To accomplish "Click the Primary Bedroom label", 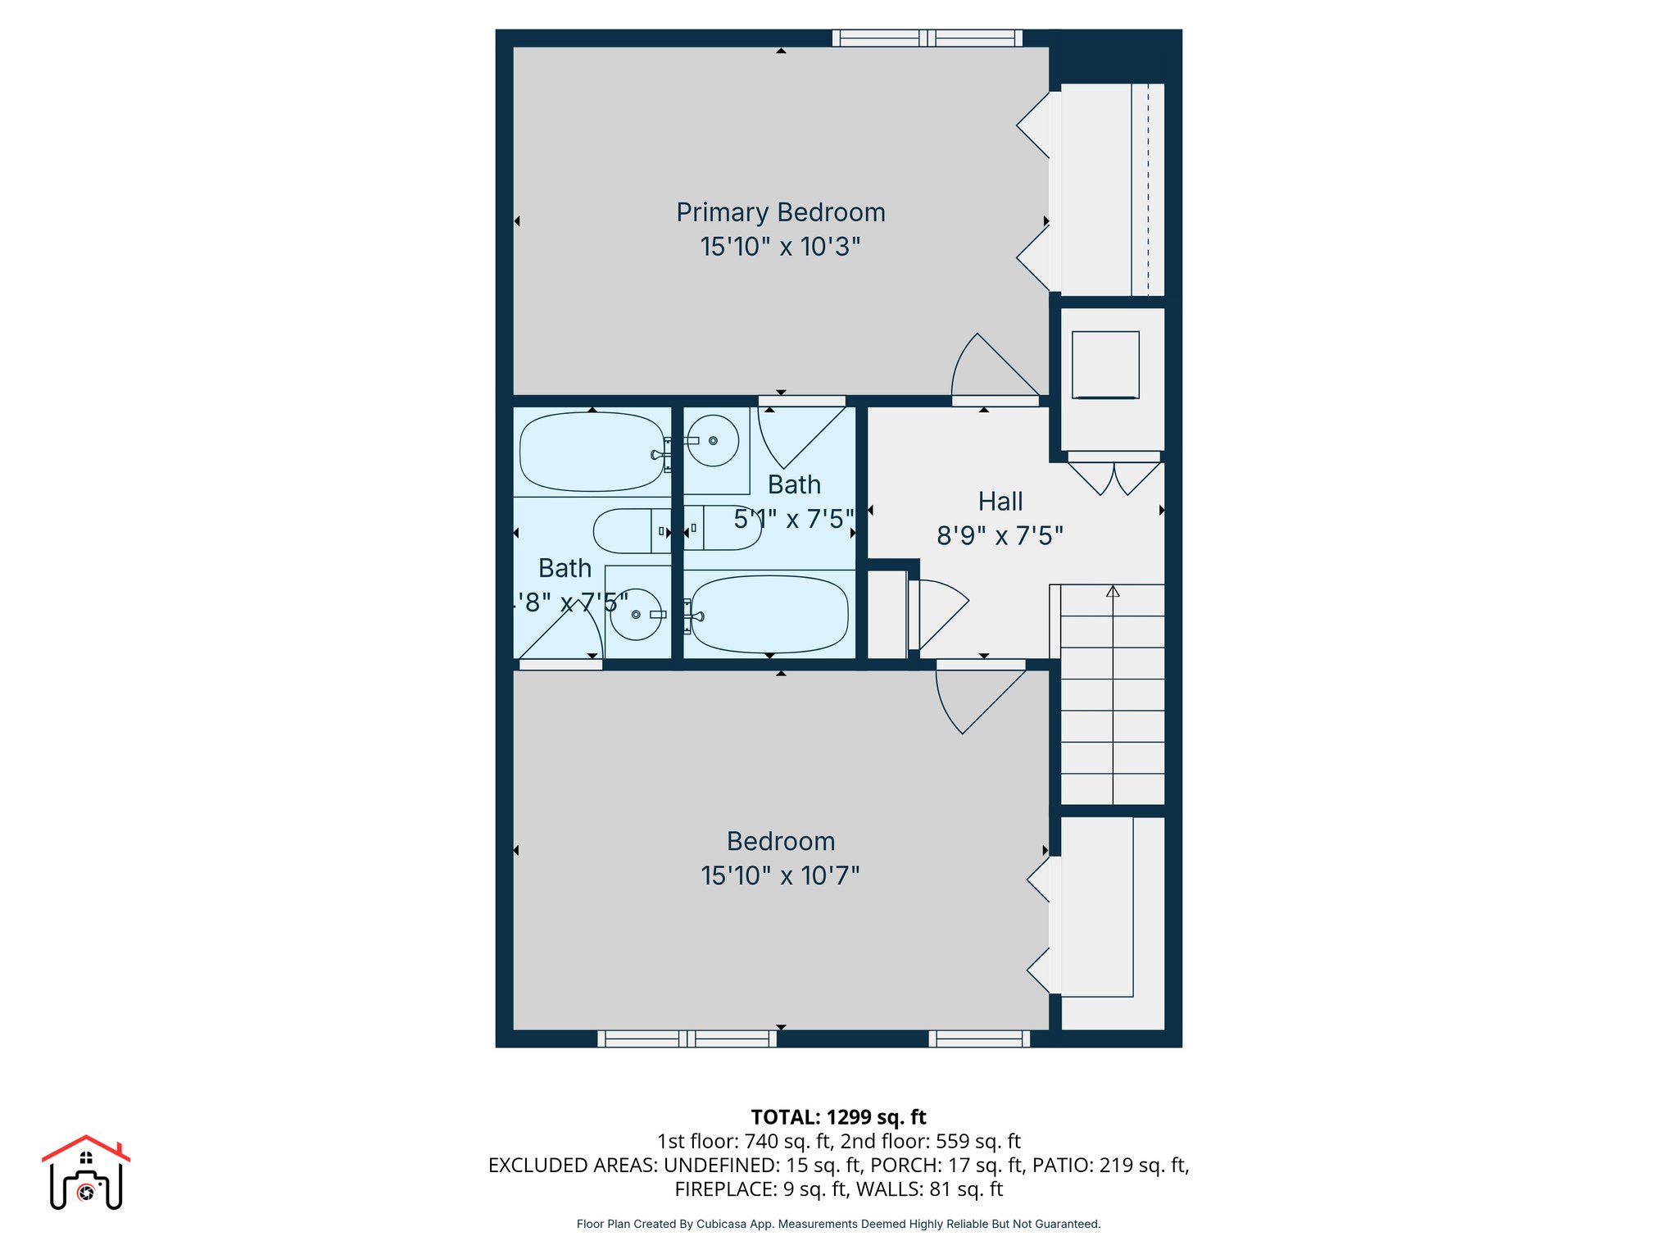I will pos(780,212).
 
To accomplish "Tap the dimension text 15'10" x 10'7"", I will pos(780,875).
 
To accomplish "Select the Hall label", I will pos(1000,502).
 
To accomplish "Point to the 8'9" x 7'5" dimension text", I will pos(1000,536).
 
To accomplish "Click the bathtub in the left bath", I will pos(592,452).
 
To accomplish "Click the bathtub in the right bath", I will pos(769,615).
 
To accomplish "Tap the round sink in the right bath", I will pos(712,441).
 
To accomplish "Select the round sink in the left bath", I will pos(636,615).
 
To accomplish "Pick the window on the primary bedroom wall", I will pos(927,38).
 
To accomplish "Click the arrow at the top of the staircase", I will pos(1113,591).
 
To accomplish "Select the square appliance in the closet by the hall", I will pos(1105,365).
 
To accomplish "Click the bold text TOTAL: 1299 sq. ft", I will pos(838,1117).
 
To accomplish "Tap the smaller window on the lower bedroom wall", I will pos(979,1039).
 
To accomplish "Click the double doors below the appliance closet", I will pos(1113,477).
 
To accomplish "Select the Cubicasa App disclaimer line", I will pos(838,1224).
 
